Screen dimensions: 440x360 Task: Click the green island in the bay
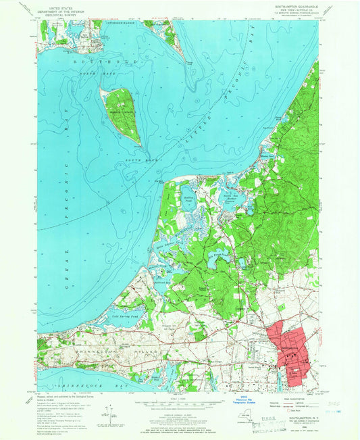122,111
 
